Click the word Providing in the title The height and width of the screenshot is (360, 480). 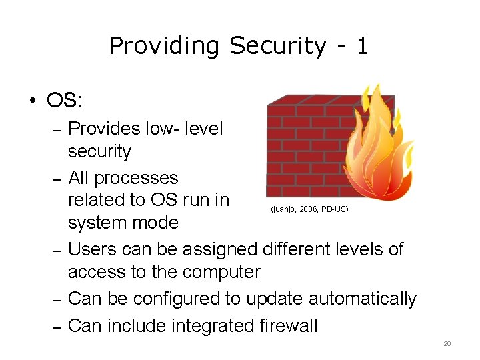point(164,46)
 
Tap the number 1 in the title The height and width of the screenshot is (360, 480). point(362,46)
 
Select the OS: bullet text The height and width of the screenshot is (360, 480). point(65,101)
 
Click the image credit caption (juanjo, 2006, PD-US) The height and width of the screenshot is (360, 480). point(309,209)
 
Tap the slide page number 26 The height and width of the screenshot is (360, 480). point(447,344)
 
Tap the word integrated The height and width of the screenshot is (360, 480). point(203,326)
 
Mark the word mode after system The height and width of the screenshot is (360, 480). point(159,222)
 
